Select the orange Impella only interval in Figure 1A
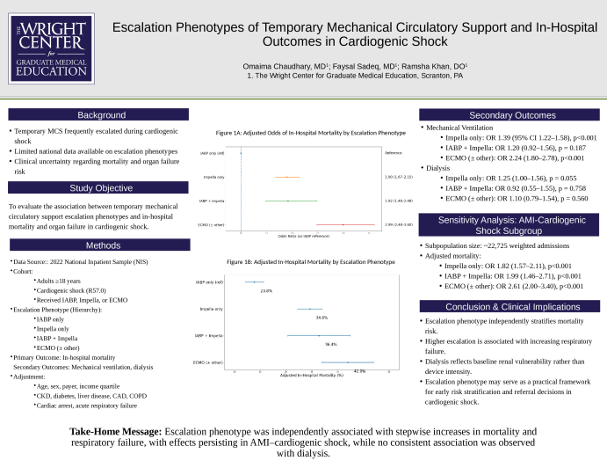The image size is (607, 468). click(x=287, y=177)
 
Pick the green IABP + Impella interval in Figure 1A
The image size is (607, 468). click(x=288, y=201)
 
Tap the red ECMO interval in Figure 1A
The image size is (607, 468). click(x=343, y=225)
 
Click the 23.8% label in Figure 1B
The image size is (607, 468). click(x=266, y=290)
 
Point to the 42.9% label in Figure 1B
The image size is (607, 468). click(x=359, y=371)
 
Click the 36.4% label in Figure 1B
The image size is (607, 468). click(x=331, y=344)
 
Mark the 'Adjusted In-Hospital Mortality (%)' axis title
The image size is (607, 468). click(x=311, y=376)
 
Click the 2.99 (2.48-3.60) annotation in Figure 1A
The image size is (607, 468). click(x=399, y=225)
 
